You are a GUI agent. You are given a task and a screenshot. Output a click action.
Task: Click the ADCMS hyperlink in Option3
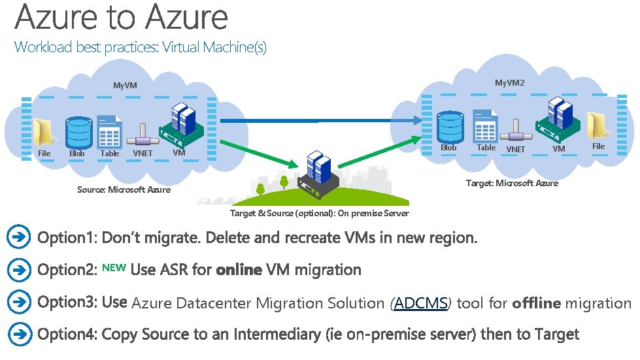point(421,303)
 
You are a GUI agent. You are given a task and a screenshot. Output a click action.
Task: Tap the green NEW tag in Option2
point(114,267)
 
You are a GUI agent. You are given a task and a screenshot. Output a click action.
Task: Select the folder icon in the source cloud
point(43,133)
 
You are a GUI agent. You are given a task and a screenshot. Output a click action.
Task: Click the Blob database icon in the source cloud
point(78,132)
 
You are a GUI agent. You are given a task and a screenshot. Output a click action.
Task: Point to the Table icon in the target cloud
point(486,126)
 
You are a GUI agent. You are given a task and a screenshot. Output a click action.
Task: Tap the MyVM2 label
point(509,83)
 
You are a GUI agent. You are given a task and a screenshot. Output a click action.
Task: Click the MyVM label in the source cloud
point(125,86)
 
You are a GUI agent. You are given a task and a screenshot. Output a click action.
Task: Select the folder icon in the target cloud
point(598,126)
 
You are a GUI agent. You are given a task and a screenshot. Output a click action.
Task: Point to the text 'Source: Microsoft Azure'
point(124,189)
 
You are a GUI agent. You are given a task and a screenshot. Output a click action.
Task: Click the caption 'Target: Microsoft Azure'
point(512,183)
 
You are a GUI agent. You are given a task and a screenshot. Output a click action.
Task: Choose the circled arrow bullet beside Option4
point(20,335)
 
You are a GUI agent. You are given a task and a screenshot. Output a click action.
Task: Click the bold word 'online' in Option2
point(239,270)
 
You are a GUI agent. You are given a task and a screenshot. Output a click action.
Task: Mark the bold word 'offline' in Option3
point(536,303)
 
